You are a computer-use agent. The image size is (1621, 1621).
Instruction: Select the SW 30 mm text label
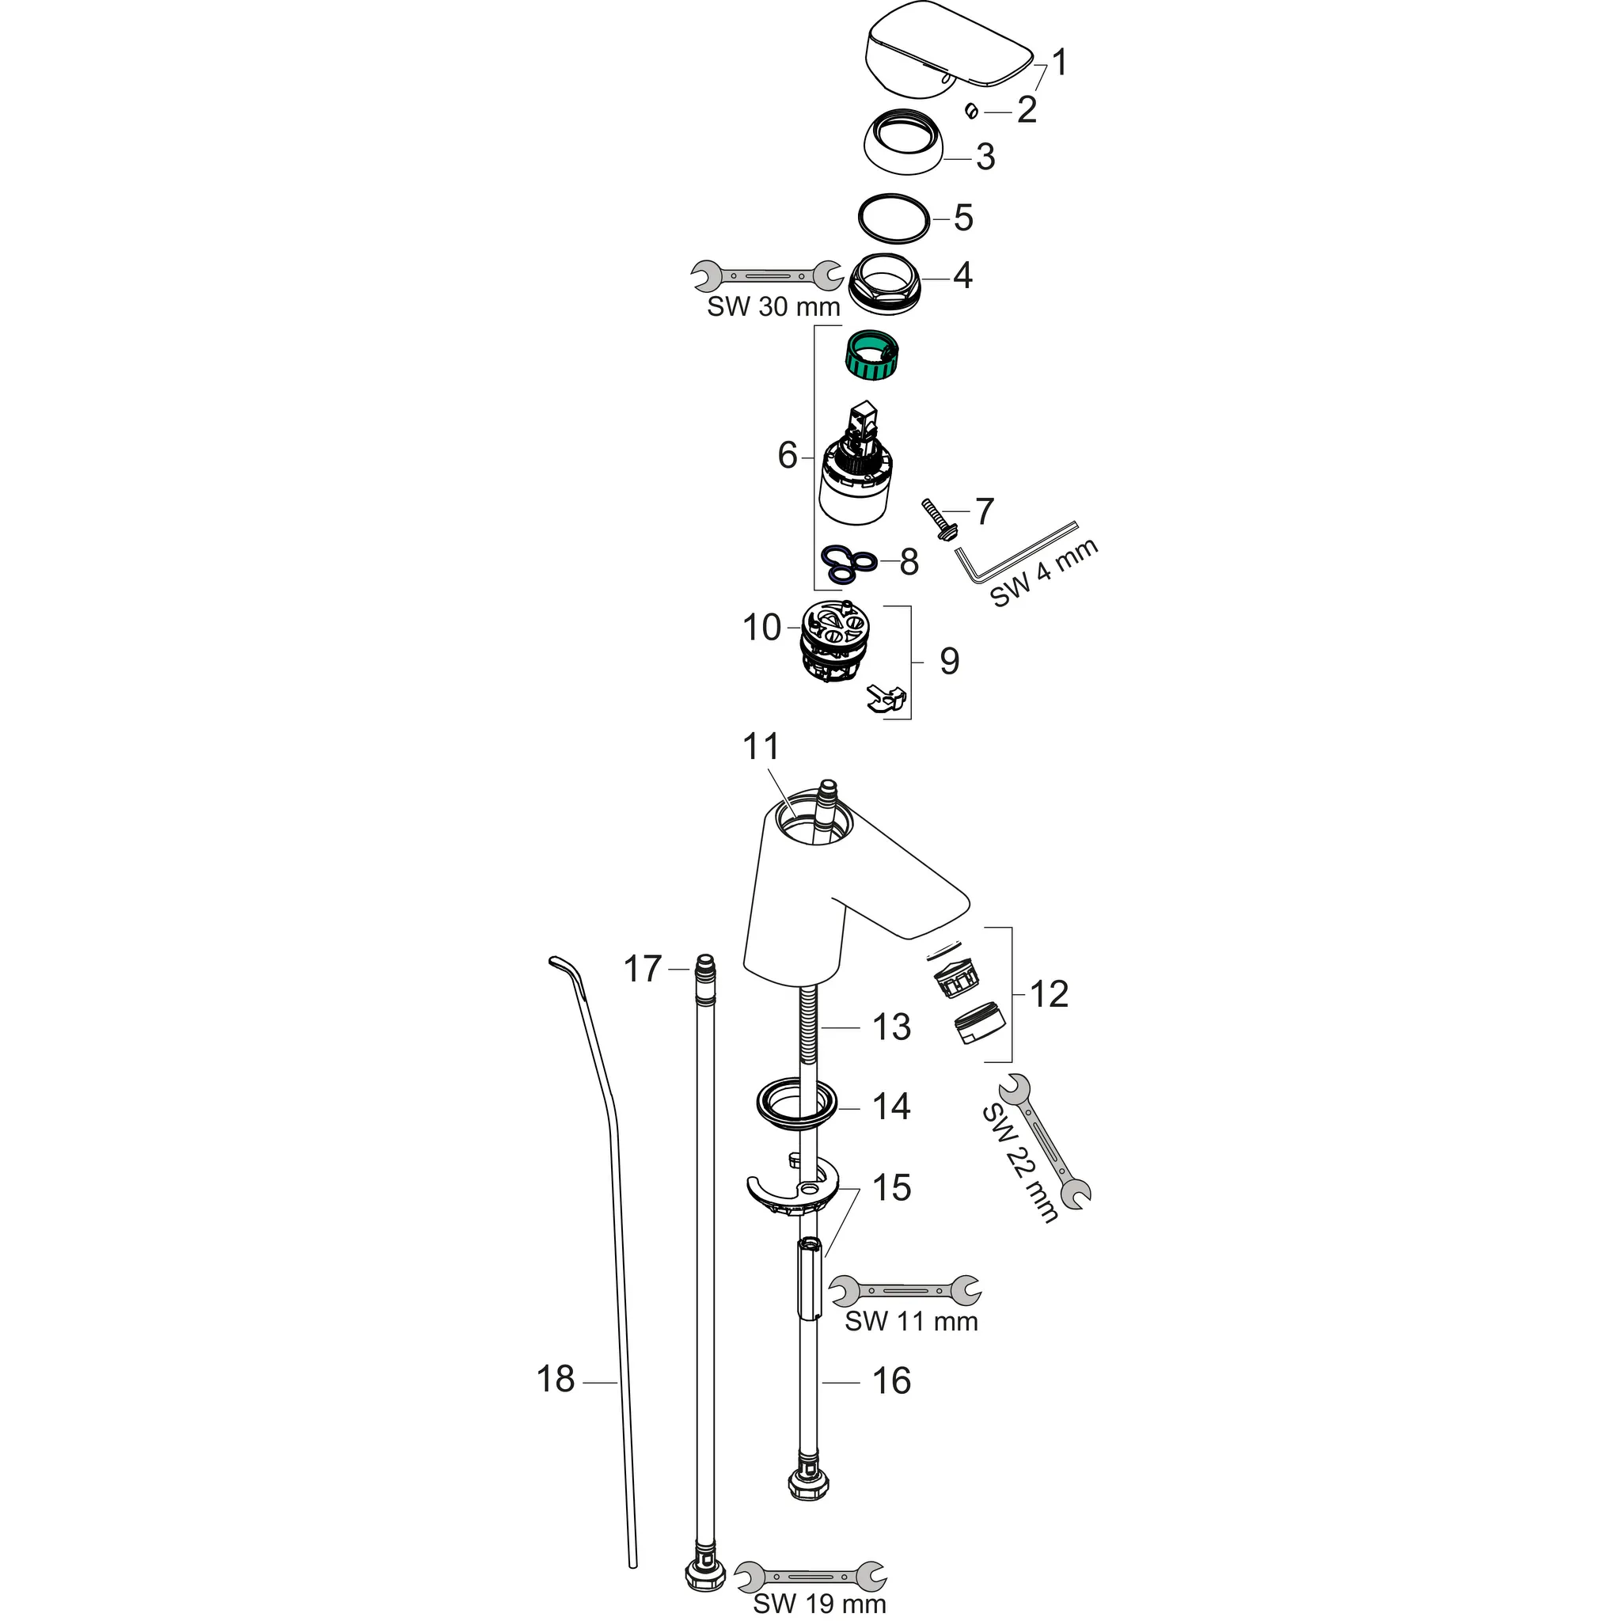pos(773,307)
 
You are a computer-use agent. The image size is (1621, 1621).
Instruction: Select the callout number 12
pos(1048,994)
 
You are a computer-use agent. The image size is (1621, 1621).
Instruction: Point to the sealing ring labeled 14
pos(796,1102)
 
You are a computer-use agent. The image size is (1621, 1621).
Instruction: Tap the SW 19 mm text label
pos(819,1604)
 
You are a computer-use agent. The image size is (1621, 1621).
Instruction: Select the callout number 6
pos(787,457)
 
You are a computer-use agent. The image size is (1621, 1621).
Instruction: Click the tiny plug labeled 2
pos(970,110)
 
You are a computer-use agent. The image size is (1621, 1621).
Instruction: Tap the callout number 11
pos(761,746)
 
